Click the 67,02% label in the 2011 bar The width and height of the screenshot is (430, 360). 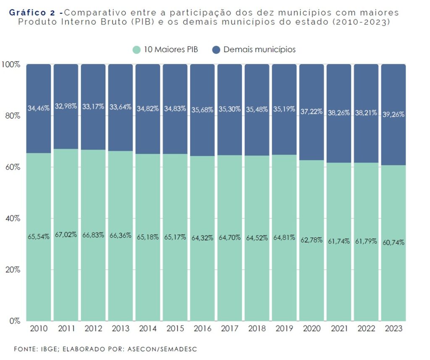pyautogui.click(x=66, y=234)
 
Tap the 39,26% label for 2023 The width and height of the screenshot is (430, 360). pyautogui.click(x=393, y=114)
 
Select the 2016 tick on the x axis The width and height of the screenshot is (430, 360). pyautogui.click(x=202, y=328)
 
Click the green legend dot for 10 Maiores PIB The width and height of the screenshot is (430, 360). pyautogui.click(x=136, y=50)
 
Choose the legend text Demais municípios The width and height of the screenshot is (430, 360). pyautogui.click(x=259, y=50)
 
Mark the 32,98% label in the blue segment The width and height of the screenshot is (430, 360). pyautogui.click(x=66, y=106)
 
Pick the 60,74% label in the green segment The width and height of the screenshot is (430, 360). pyautogui.click(x=393, y=242)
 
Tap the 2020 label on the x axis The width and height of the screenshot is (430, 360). pyautogui.click(x=312, y=328)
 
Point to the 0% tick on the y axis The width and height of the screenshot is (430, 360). pyautogui.click(x=15, y=321)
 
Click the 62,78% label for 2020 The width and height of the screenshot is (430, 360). pyautogui.click(x=312, y=240)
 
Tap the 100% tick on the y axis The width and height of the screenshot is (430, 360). pyautogui.click(x=10, y=64)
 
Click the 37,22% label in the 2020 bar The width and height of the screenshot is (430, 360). pyautogui.click(x=312, y=111)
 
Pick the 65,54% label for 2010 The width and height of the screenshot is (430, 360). pyautogui.click(x=39, y=236)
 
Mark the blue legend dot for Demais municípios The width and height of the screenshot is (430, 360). pyautogui.click(x=216, y=50)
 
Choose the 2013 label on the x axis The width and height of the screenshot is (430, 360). pyautogui.click(x=121, y=328)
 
